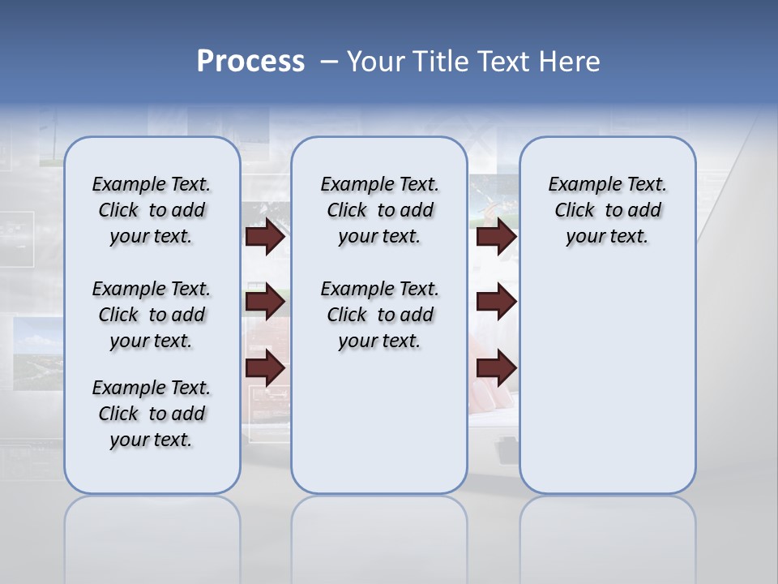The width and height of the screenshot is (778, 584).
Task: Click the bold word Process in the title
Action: tap(250, 62)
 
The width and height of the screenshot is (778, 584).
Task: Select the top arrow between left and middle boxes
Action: tap(265, 236)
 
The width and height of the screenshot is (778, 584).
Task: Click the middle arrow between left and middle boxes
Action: tap(265, 302)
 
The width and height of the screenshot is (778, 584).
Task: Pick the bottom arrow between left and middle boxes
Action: tap(265, 368)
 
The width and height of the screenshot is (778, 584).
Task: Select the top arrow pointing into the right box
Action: tap(496, 236)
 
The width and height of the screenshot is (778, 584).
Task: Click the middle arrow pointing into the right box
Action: tap(496, 302)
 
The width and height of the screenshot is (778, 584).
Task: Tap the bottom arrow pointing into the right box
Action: tap(496, 368)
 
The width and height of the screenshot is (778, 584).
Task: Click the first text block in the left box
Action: tap(152, 210)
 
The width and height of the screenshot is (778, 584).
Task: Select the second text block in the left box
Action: tap(152, 315)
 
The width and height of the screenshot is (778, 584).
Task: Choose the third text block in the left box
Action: tap(152, 414)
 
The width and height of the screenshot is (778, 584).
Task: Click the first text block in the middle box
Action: tap(379, 210)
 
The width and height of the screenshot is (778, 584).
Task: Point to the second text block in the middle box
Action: tap(379, 315)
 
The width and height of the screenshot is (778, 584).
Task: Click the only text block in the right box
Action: tap(607, 210)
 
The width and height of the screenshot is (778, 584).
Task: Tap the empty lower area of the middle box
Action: tap(379, 422)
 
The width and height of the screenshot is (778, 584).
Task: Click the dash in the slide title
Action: tap(329, 62)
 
